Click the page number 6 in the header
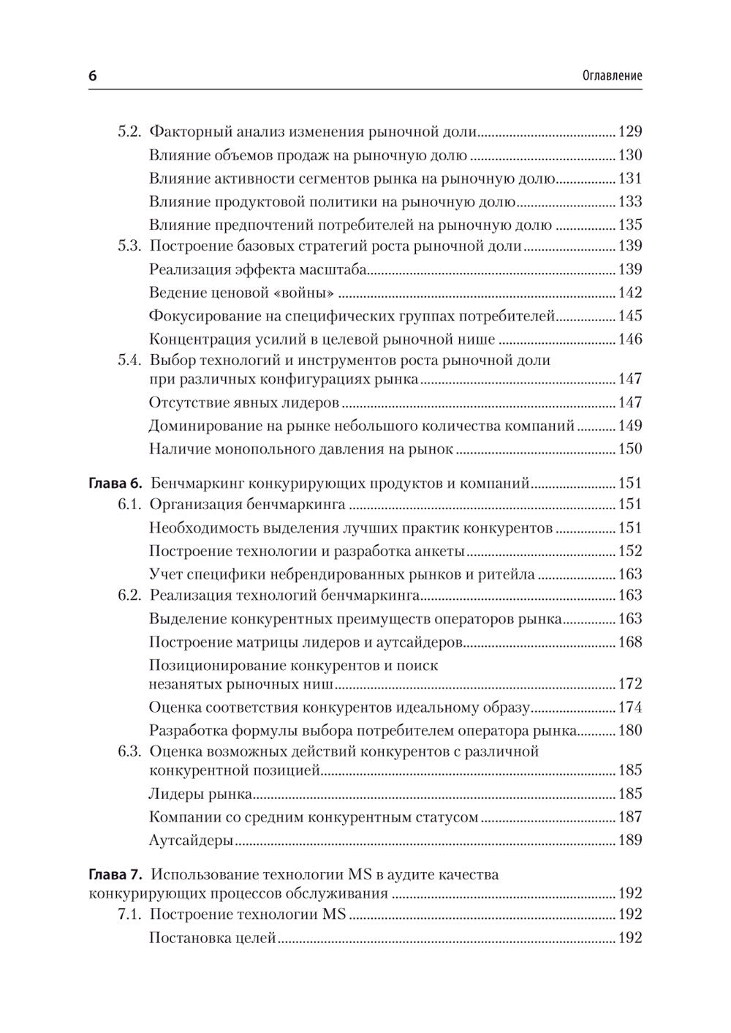pos(92,76)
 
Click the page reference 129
pos(629,132)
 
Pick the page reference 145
pos(629,317)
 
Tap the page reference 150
pos(629,449)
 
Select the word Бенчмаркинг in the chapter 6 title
pos(197,484)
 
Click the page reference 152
pos(629,552)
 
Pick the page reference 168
pos(629,642)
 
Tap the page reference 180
pos(629,731)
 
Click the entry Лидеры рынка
pos(201,794)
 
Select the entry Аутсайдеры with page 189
pos(191,841)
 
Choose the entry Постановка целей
pos(212,938)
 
